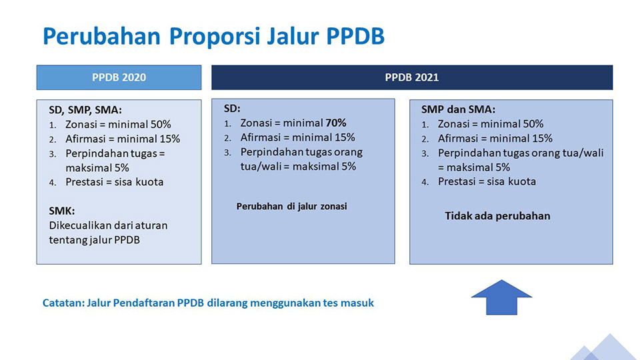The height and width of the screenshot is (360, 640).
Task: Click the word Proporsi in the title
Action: click(x=215, y=36)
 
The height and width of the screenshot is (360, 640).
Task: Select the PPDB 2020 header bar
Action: click(x=119, y=77)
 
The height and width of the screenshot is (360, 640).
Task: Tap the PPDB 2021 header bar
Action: click(x=412, y=77)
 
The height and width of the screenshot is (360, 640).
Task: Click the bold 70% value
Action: click(x=335, y=123)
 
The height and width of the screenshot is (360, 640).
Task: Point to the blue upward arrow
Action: click(x=501, y=297)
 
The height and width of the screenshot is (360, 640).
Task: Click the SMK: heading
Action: click(x=61, y=211)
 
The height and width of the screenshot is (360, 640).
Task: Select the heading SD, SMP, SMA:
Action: click(x=85, y=110)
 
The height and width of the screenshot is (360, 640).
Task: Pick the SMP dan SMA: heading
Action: click(x=458, y=109)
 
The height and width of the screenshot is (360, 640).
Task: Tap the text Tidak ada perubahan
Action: click(x=497, y=216)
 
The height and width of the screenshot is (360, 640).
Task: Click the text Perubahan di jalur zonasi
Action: click(x=291, y=206)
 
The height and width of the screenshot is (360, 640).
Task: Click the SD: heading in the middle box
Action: click(x=232, y=109)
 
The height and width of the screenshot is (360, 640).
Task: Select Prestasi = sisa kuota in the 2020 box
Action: click(x=114, y=182)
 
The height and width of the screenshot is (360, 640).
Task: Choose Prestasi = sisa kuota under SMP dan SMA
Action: click(x=487, y=181)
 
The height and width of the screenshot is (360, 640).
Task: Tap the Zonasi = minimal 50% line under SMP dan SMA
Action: click(x=491, y=124)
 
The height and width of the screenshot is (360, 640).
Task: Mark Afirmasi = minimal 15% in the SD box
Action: click(x=297, y=137)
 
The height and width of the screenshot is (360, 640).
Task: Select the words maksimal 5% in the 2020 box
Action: click(x=97, y=168)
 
